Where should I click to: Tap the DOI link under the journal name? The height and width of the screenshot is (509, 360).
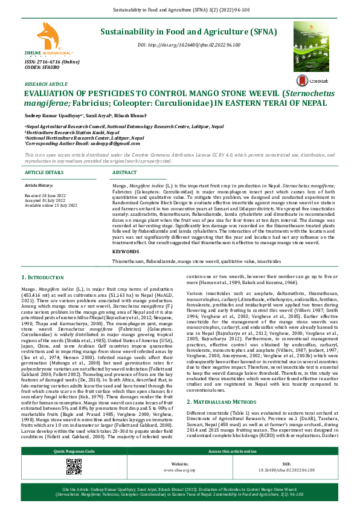tap(188, 45)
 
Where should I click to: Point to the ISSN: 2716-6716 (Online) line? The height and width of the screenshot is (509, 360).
tap(48, 62)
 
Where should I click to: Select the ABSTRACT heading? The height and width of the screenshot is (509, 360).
tap(125, 172)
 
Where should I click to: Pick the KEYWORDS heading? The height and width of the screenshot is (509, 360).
tap(126, 250)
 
